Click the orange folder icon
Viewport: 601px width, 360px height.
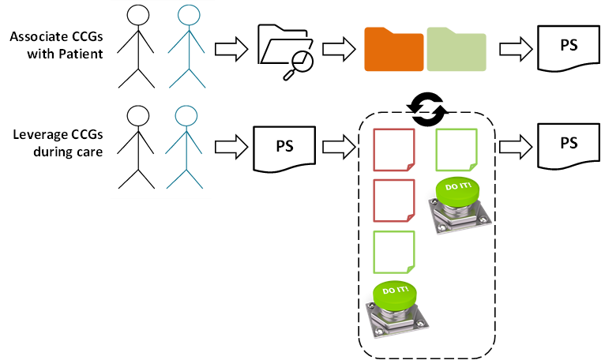394,50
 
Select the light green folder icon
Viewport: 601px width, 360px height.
456,50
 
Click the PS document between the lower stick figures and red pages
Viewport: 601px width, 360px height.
284,148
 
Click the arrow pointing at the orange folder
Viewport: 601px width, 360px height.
339,50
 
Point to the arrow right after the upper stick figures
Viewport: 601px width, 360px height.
231,49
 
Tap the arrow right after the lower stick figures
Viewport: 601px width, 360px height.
231,147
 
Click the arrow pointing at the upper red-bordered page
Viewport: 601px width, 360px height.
339,147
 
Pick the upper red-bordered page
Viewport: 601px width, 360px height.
394,150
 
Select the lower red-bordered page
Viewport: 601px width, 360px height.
394,201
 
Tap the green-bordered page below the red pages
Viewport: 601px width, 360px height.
394,252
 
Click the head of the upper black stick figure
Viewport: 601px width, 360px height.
138,16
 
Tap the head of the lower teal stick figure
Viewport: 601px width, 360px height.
186,116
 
